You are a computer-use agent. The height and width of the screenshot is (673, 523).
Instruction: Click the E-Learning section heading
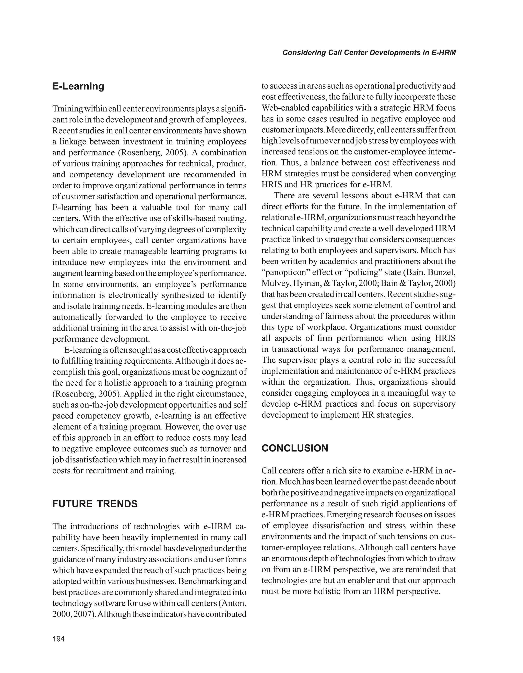[78, 86]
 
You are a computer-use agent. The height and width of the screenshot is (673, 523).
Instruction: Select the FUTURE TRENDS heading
[95, 504]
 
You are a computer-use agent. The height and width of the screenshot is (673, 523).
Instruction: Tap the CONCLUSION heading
[295, 448]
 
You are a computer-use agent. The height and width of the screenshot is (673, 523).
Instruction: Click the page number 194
[58, 639]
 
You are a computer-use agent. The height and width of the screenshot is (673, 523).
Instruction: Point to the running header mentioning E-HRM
[369, 53]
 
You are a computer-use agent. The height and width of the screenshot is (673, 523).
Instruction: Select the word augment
[67, 273]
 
